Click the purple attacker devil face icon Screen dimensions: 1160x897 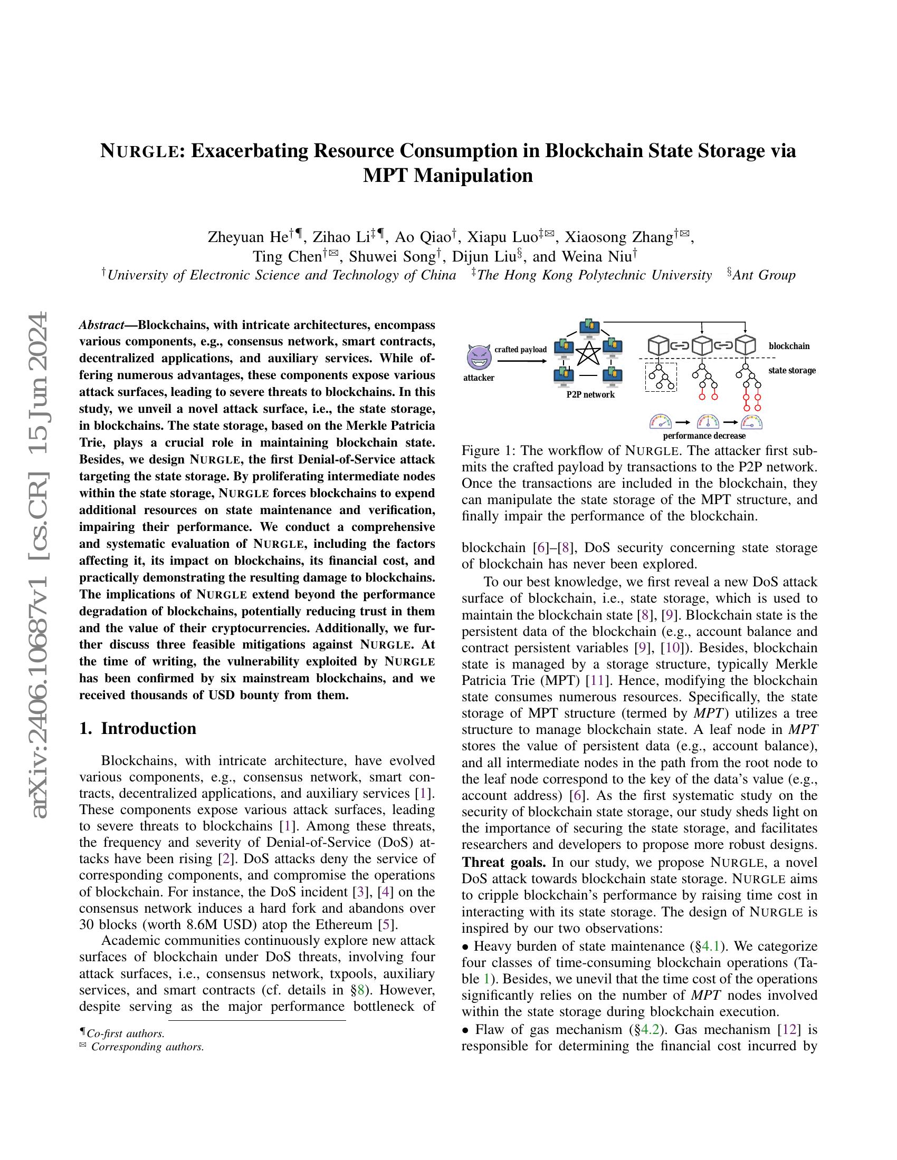(x=479, y=356)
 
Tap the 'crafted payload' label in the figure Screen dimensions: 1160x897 (x=520, y=350)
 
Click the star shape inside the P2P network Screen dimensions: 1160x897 (x=588, y=353)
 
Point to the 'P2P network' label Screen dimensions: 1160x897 (x=590, y=394)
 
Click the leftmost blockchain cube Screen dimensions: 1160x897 (x=658, y=346)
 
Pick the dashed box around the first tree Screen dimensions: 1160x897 (x=661, y=376)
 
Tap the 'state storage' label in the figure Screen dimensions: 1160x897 (x=791, y=370)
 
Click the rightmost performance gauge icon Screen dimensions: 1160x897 (x=751, y=422)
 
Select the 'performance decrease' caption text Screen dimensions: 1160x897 (x=703, y=436)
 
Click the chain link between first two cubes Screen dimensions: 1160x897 (x=680, y=346)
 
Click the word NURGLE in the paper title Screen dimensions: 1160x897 (x=141, y=151)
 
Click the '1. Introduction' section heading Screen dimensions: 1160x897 (x=138, y=728)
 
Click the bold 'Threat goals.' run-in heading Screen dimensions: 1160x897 (x=497, y=862)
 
